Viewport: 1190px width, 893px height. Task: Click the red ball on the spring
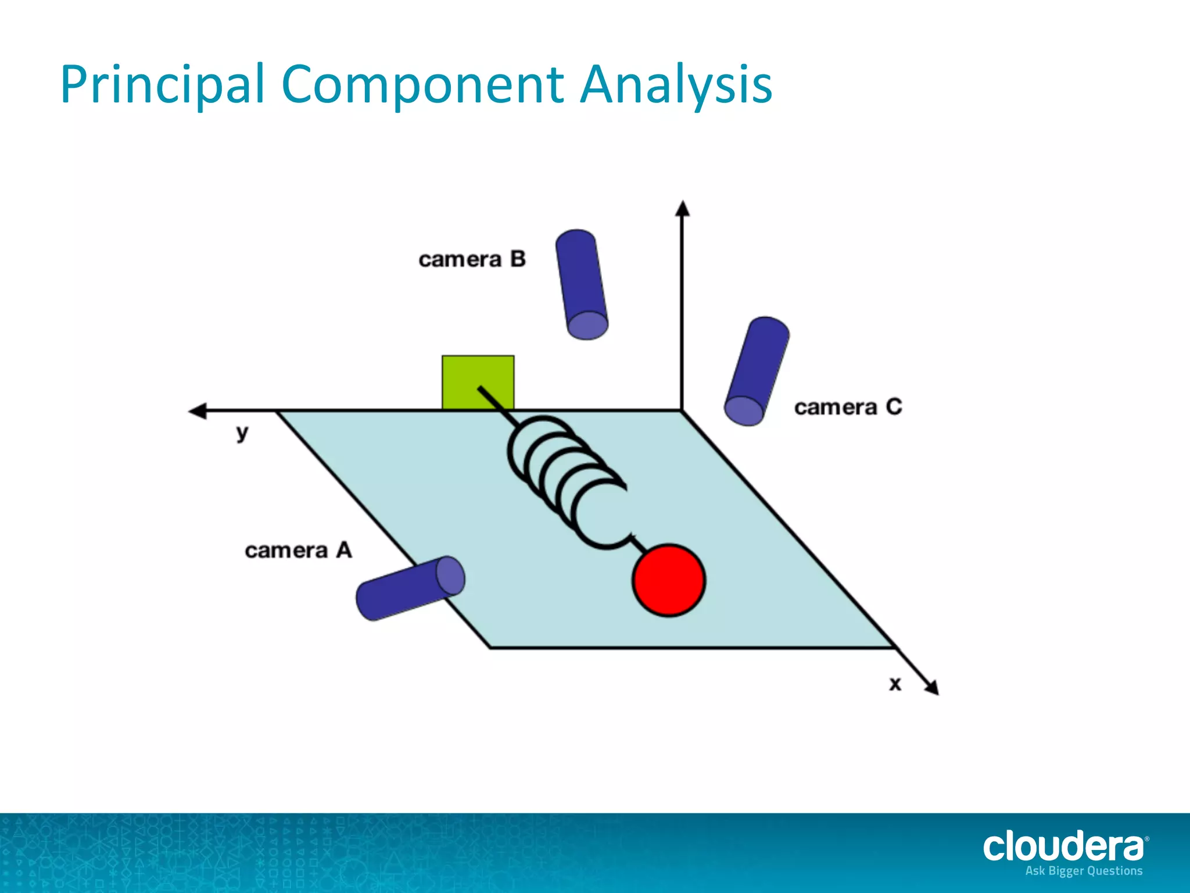[x=669, y=580]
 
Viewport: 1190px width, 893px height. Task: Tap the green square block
[x=478, y=381]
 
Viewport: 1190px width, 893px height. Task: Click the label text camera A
[x=298, y=550]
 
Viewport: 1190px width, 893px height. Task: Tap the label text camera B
[x=472, y=259]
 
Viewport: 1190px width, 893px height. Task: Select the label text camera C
[x=848, y=407]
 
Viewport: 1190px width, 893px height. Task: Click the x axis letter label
[x=895, y=684]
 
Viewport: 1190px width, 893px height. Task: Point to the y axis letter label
[x=242, y=433]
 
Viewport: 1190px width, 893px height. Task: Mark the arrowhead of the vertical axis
[x=683, y=208]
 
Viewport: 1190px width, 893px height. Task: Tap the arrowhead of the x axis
[x=931, y=687]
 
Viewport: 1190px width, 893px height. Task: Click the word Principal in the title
[x=162, y=85]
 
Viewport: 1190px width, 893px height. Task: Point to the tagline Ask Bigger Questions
[x=1084, y=871]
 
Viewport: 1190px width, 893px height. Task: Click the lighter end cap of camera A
[x=450, y=576]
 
